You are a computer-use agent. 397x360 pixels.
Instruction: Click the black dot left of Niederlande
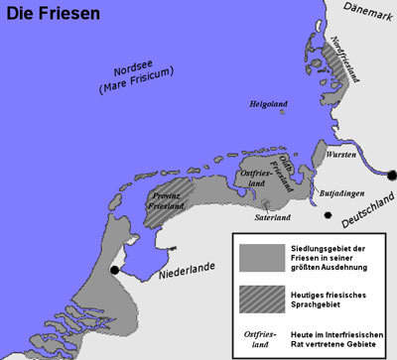coord(115,269)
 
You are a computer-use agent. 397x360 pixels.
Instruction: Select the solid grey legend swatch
coord(257,256)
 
